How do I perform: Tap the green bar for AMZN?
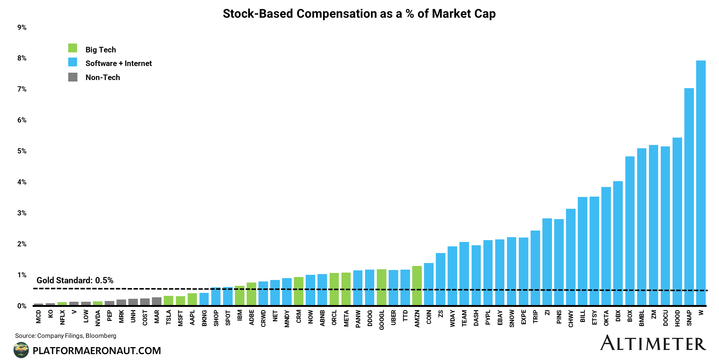pyautogui.click(x=417, y=286)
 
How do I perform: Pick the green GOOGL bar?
pyautogui.click(x=382, y=287)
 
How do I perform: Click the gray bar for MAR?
pyautogui.click(x=157, y=301)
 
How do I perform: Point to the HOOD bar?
pyautogui.click(x=677, y=221)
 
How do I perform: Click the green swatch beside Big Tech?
pyautogui.click(x=73, y=48)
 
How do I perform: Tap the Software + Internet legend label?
pyautogui.click(x=118, y=63)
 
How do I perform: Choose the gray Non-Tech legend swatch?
pyautogui.click(x=73, y=77)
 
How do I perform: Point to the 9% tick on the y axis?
pyautogui.click(x=22, y=28)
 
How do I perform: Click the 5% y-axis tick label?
pyautogui.click(x=22, y=151)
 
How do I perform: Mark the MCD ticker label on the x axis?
pyautogui.click(x=39, y=316)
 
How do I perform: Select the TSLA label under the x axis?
pyautogui.click(x=169, y=317)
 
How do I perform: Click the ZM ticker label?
pyautogui.click(x=653, y=314)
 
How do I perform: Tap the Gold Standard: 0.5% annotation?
pyautogui.click(x=75, y=280)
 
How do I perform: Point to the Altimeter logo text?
pyautogui.click(x=653, y=343)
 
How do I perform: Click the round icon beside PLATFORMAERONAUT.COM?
pyautogui.click(x=21, y=350)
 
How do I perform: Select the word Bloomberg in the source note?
pyautogui.click(x=101, y=336)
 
